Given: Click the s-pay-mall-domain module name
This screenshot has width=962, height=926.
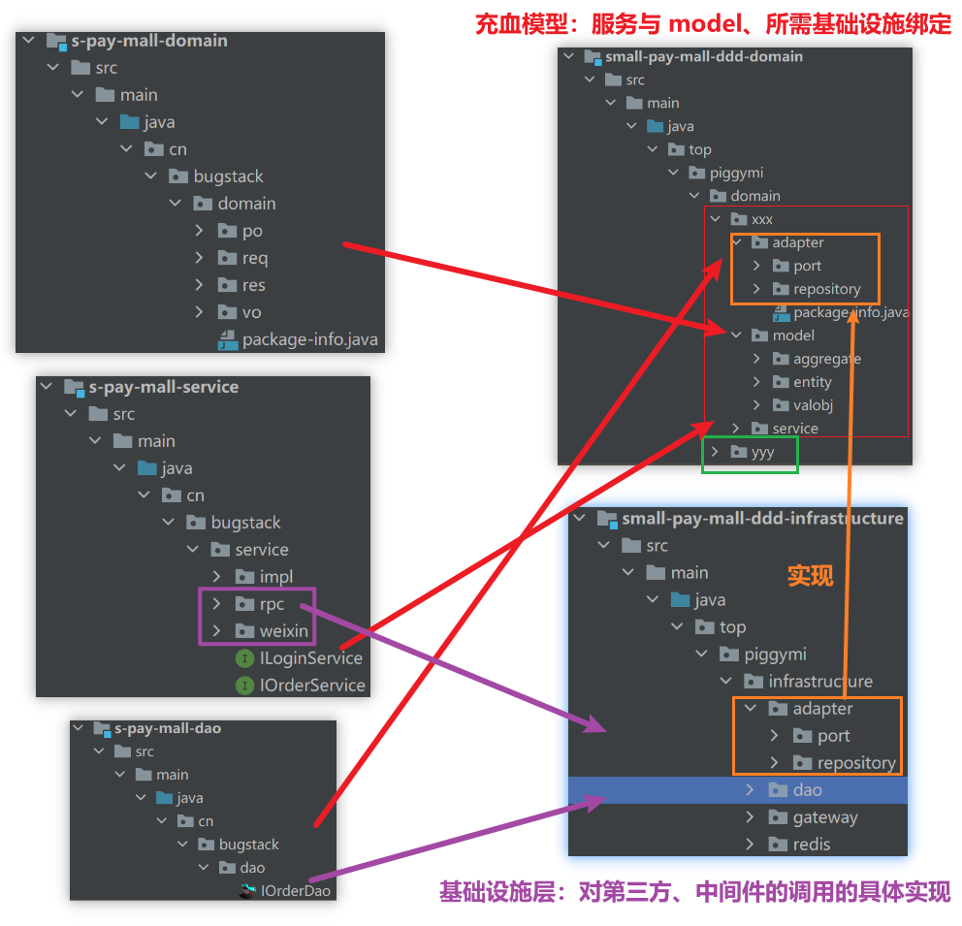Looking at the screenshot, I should click(x=149, y=41).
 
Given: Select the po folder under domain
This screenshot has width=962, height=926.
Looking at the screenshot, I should click(x=252, y=231).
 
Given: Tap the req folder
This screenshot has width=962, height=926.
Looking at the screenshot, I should click(x=255, y=258).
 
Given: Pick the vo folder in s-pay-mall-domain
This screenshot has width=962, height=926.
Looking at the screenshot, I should click(x=252, y=312).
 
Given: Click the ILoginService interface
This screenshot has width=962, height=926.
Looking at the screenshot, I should click(x=310, y=658).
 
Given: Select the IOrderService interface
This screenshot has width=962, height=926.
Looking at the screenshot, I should click(x=312, y=686).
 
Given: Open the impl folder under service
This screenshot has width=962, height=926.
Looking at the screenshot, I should click(x=275, y=577).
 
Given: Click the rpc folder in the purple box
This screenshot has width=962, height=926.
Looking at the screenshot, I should click(x=272, y=604).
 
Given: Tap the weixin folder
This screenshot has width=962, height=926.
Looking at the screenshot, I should click(x=283, y=631).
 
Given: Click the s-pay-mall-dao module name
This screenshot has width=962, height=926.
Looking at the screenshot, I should click(x=168, y=728).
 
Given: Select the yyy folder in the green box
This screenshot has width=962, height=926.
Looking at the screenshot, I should click(x=762, y=452).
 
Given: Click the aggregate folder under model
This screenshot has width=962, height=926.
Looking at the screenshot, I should click(x=826, y=359).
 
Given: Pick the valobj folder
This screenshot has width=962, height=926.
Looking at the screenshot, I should click(x=813, y=405).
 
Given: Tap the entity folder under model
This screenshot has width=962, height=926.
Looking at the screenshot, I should click(x=812, y=382).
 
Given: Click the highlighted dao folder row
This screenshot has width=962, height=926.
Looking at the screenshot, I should click(x=807, y=790).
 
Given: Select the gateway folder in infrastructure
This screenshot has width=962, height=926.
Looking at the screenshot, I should click(x=824, y=817).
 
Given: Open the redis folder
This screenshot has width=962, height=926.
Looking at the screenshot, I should click(x=811, y=845).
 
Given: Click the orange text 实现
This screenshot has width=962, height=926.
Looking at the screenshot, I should click(x=810, y=576).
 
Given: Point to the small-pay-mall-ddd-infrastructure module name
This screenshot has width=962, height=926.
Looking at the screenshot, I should click(x=762, y=519).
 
